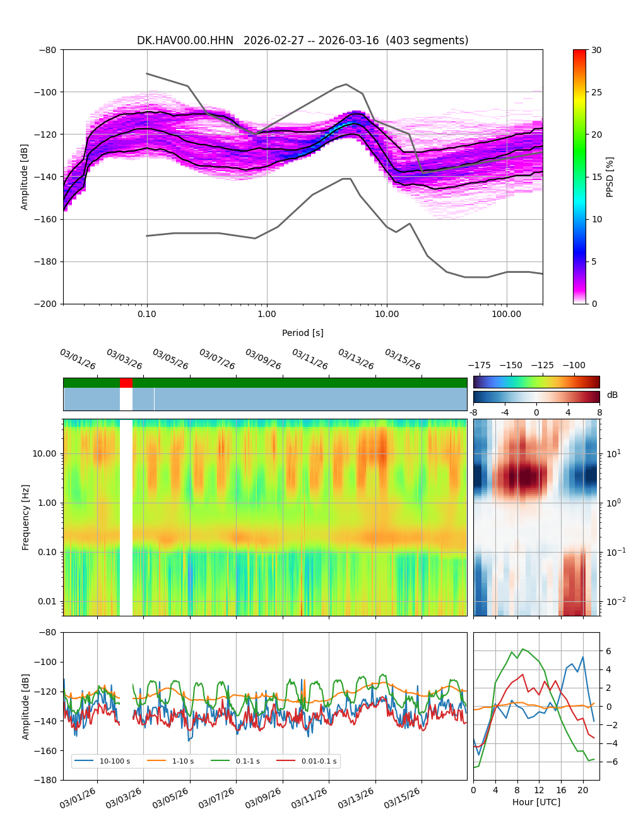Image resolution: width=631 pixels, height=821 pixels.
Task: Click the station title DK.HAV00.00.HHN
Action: click(x=185, y=40)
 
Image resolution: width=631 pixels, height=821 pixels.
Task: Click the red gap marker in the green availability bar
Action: click(x=126, y=383)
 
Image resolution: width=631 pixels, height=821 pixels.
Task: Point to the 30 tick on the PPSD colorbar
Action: click(x=596, y=50)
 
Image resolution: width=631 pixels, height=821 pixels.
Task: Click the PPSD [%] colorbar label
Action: click(x=610, y=177)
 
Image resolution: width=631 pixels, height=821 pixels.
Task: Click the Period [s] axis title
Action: click(x=303, y=333)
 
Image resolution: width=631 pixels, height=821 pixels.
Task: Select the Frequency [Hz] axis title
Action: click(x=26, y=517)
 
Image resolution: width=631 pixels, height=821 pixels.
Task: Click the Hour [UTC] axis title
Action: click(x=536, y=802)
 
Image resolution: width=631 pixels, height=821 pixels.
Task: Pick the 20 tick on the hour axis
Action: click(x=583, y=790)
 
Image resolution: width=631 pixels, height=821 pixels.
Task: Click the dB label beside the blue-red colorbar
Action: click(x=612, y=395)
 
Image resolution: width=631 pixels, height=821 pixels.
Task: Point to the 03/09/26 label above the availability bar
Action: click(x=262, y=359)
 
